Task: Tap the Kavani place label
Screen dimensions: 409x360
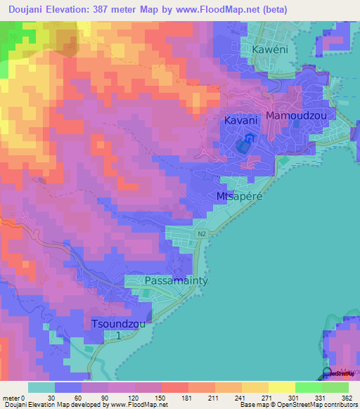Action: [x=240, y=120]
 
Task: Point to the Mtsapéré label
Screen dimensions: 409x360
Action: [x=239, y=196]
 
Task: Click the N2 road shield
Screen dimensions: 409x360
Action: [x=202, y=234]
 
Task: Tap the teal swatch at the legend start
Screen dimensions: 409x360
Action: [x=41, y=387]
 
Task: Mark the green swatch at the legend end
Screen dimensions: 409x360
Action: [x=335, y=387]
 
